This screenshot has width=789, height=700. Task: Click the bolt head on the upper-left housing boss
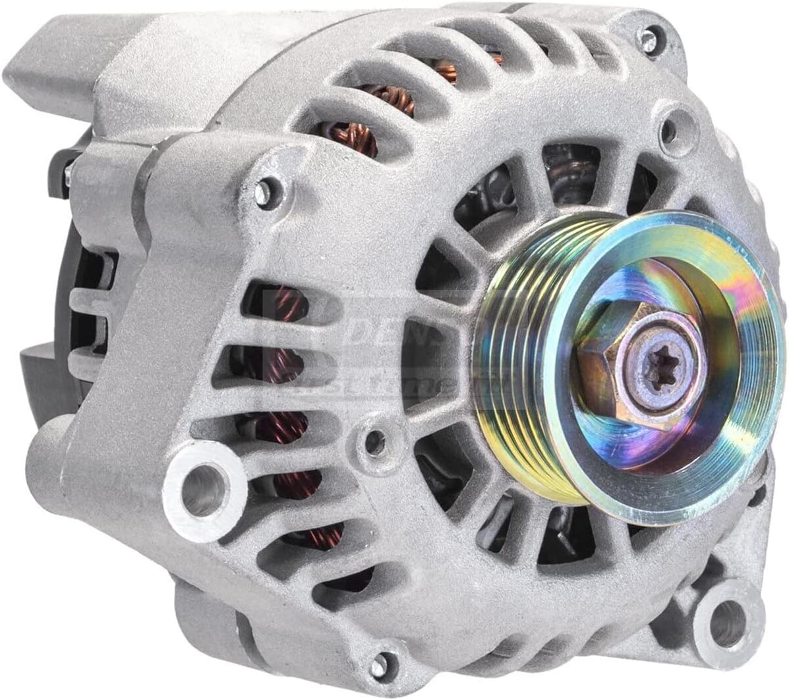tap(266, 190)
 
